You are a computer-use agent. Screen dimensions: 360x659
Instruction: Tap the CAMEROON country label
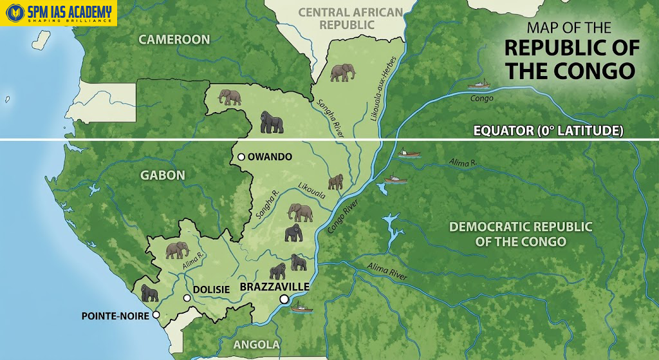[174, 40]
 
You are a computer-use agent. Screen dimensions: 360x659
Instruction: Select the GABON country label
[163, 175]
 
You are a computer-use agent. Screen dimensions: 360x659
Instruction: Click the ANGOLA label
[256, 345]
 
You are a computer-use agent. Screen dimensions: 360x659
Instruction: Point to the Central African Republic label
[350, 19]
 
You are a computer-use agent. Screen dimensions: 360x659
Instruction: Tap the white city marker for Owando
[241, 157]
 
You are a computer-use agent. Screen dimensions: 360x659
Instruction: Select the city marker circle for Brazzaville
[283, 299]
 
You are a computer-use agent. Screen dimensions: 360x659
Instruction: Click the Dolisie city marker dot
[187, 298]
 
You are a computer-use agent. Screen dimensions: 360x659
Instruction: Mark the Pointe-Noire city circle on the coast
[156, 316]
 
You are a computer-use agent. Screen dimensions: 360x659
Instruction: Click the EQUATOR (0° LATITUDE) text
[548, 131]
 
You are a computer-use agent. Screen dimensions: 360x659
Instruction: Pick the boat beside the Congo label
[478, 84]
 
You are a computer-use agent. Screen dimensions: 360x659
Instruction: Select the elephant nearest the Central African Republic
[342, 72]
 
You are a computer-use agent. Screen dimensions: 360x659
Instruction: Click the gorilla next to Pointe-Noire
[149, 294]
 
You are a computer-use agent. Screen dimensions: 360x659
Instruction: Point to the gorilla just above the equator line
[272, 122]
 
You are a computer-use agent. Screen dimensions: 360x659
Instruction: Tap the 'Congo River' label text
[342, 214]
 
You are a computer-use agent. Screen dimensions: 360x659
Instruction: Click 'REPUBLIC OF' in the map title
[571, 48]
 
